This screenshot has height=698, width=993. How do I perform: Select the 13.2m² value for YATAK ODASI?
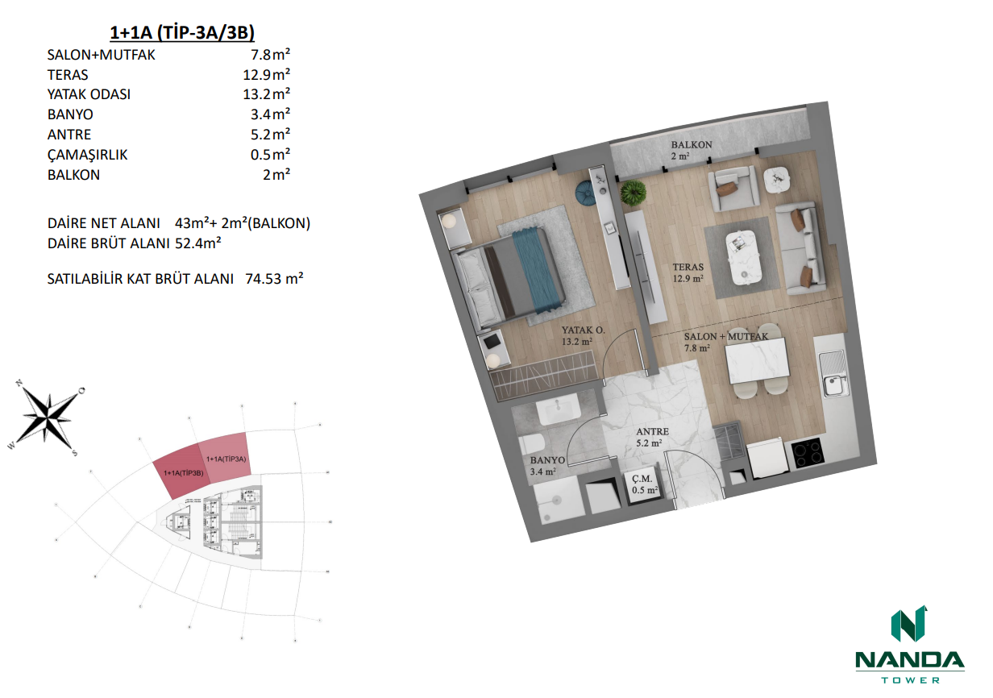point(270,94)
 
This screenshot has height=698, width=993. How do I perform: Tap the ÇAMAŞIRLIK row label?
point(88,154)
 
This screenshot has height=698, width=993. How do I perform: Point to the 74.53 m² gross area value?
point(273,279)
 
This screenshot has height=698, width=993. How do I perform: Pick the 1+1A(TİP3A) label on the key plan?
point(226,459)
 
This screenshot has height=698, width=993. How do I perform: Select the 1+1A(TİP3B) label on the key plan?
point(181,472)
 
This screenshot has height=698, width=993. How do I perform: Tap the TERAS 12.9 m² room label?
point(690,272)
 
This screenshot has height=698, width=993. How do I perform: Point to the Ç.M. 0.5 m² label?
point(645,484)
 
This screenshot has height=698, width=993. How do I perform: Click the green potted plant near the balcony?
point(634,192)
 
